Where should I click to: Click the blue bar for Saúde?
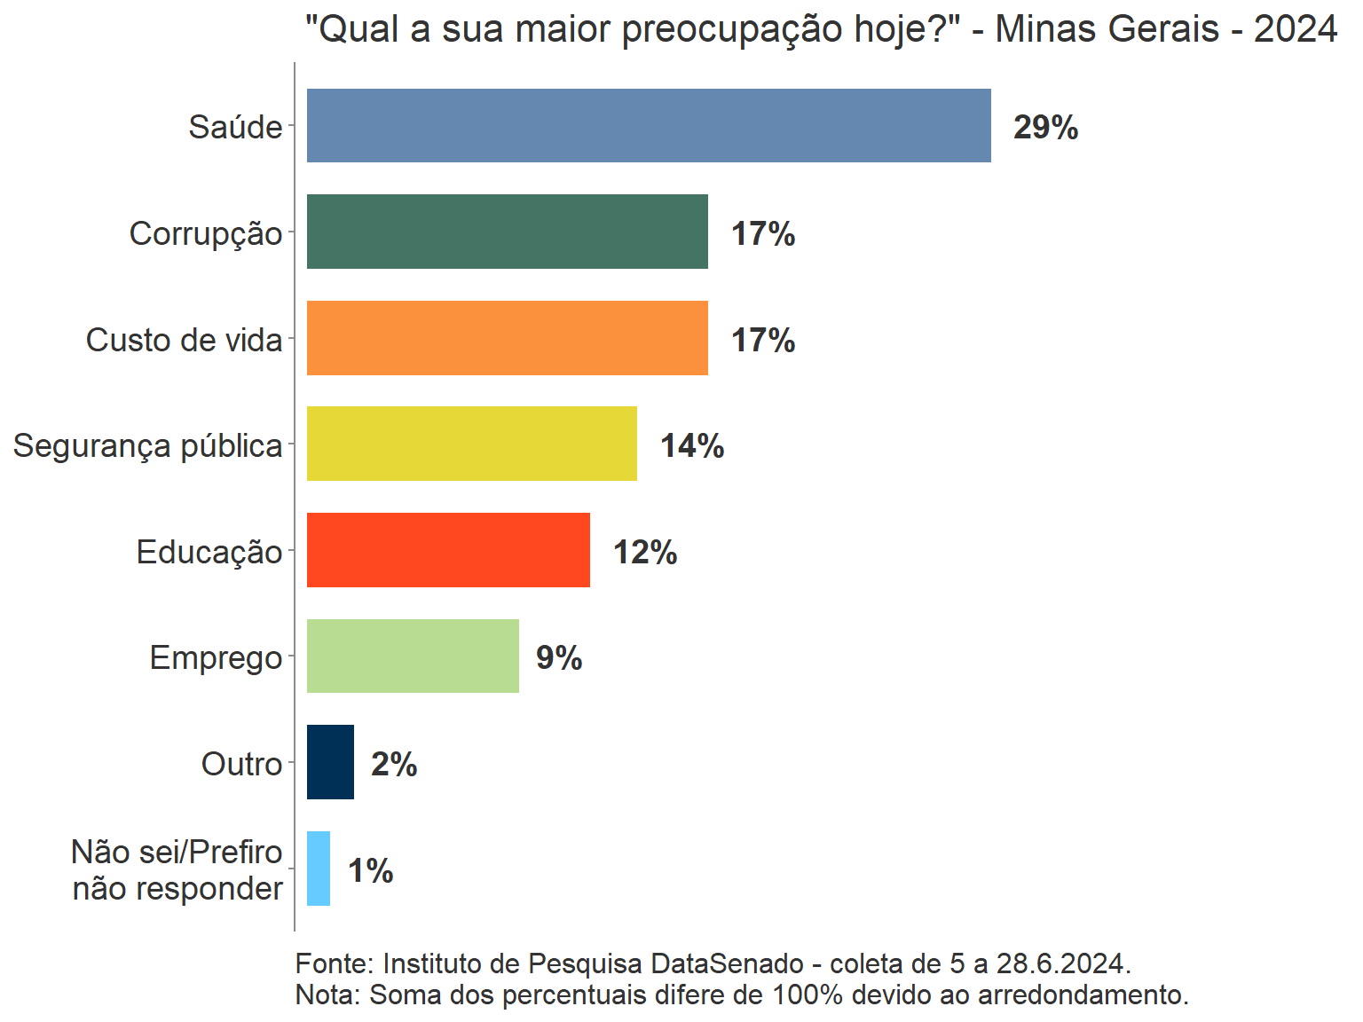click(649, 125)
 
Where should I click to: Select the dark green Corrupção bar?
click(507, 232)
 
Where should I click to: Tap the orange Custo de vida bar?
click(507, 338)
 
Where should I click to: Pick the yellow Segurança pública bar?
click(471, 444)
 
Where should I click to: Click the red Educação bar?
click(448, 550)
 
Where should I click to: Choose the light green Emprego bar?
click(413, 656)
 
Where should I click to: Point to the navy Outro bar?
click(330, 762)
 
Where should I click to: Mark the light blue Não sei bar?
click(319, 869)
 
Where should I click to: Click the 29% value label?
click(1045, 128)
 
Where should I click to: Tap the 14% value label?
click(692, 445)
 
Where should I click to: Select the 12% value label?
click(645, 552)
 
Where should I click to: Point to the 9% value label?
click(559, 658)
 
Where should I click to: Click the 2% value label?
click(394, 764)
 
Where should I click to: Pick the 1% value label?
click(370, 870)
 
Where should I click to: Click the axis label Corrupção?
click(206, 234)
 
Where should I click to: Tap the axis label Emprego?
click(216, 658)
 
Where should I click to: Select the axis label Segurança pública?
click(147, 445)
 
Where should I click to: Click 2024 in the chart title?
click(1295, 29)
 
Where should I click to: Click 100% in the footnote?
click(807, 994)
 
